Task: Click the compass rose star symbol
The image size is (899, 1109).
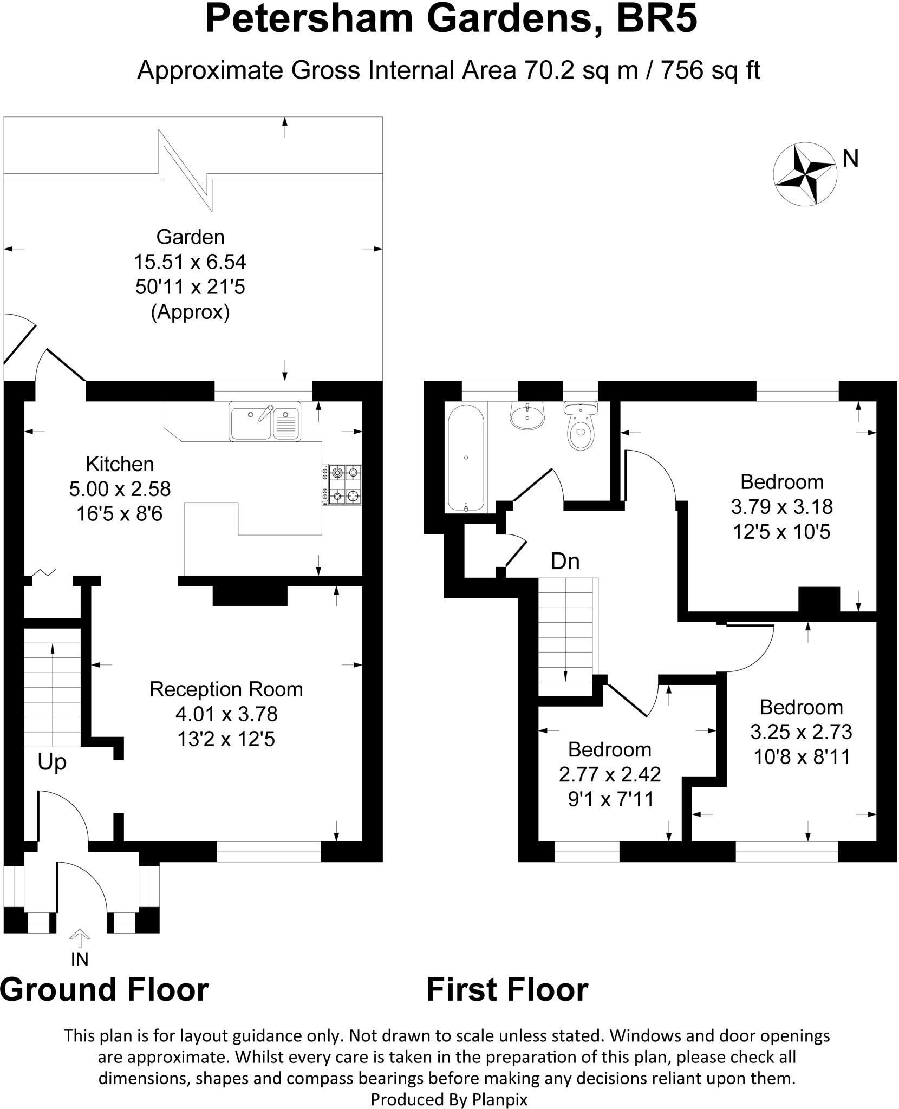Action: point(803,174)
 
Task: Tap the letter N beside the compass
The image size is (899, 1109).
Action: point(851,159)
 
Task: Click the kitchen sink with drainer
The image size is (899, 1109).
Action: point(265,421)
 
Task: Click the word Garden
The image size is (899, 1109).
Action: point(190,237)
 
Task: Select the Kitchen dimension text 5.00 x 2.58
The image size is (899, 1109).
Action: point(120,489)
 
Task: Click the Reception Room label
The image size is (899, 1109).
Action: point(226,689)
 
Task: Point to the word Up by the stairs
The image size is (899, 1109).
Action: point(52,762)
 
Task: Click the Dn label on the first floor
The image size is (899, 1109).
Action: point(565,562)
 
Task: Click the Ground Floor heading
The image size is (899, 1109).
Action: point(105,989)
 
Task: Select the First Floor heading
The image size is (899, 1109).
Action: point(507,989)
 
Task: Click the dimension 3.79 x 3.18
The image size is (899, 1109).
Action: point(781,507)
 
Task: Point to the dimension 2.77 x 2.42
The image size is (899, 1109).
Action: point(610,774)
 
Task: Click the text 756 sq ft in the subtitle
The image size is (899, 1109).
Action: point(710,71)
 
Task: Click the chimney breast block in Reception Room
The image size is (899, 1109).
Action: point(250,596)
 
